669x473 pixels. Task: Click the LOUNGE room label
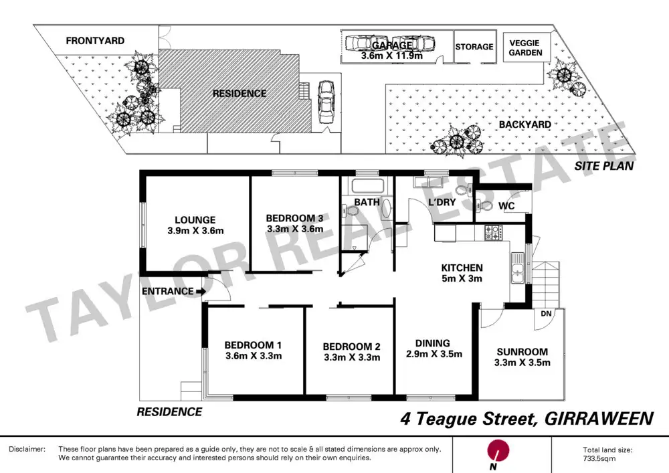tap(195, 219)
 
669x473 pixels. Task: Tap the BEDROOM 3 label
tap(294, 218)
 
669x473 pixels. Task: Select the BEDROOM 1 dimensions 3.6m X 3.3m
tap(254, 356)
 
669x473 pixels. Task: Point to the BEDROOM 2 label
tap(351, 347)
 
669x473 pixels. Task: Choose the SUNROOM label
tap(522, 352)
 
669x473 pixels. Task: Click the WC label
tap(506, 206)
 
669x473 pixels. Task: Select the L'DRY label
tap(442, 203)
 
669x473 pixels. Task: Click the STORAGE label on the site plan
tap(474, 47)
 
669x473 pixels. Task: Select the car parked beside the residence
tap(326, 102)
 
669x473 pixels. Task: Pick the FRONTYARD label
tap(95, 41)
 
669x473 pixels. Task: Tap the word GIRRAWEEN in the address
tap(597, 419)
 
